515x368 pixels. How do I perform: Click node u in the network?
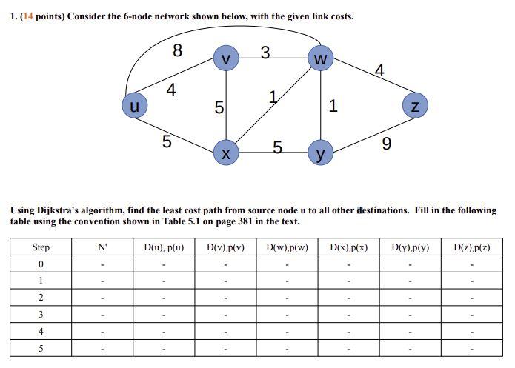point(134,107)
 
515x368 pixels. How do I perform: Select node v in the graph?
point(226,58)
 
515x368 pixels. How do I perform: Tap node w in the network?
point(320,58)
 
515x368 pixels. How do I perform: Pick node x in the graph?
point(226,153)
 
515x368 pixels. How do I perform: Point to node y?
point(320,153)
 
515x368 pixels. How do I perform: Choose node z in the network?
point(415,107)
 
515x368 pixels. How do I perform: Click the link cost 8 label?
point(177,50)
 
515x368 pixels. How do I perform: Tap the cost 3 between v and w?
point(265,52)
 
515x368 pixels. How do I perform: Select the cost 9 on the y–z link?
point(386,143)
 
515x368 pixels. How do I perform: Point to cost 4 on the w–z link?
point(379,70)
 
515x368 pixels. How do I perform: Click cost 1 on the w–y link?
point(333,106)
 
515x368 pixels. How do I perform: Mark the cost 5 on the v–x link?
point(219,107)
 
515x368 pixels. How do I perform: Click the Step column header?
point(41,247)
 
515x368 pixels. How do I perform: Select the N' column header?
point(102,247)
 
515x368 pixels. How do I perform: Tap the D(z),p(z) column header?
point(471,247)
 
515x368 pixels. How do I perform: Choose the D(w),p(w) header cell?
point(287,247)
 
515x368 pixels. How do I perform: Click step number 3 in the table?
point(41,315)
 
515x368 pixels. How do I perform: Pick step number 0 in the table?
point(41,264)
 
